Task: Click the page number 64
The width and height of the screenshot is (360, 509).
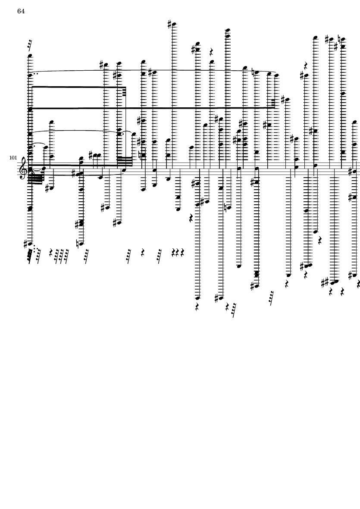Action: [x=21, y=11]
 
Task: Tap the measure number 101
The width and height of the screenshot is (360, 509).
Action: [x=13, y=158]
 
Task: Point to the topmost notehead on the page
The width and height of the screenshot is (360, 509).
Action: [x=174, y=25]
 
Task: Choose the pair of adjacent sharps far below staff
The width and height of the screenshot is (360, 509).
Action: [x=326, y=282]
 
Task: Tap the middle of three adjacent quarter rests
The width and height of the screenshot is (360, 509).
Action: [x=178, y=252]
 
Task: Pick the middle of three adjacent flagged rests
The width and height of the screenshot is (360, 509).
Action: [x=62, y=255]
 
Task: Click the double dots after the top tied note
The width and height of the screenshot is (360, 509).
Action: [x=35, y=74]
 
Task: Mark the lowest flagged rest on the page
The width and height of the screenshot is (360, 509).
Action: [x=234, y=311]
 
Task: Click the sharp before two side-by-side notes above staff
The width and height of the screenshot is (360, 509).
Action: [x=91, y=154]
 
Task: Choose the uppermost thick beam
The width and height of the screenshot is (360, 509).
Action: [x=78, y=87]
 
